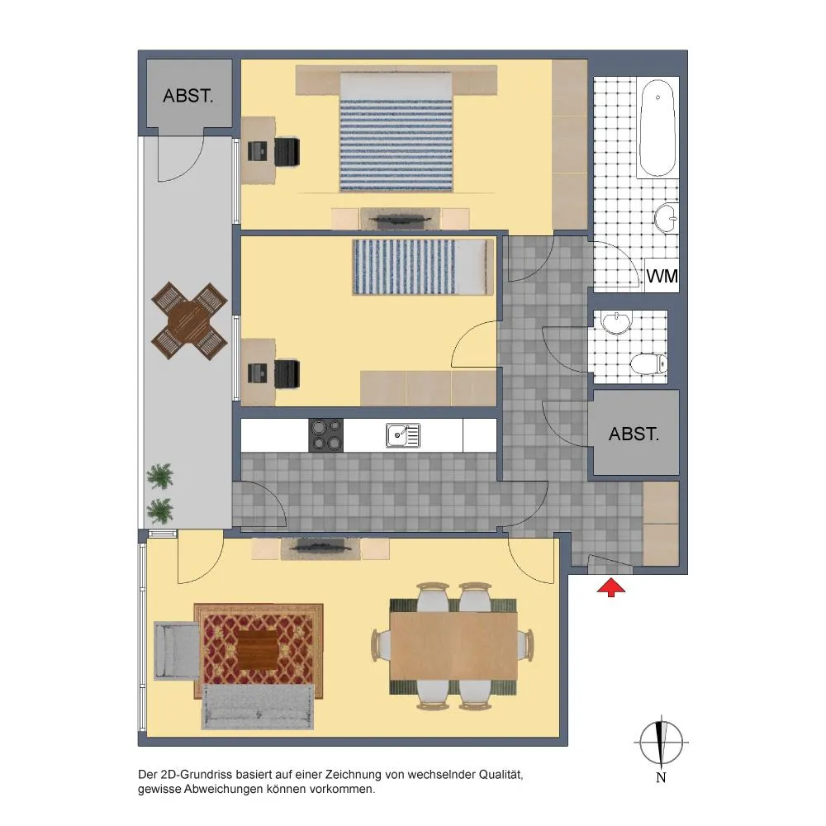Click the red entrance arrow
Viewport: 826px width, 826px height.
point(611,587)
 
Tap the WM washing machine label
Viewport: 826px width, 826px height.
point(662,276)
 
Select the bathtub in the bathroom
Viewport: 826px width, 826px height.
point(657,128)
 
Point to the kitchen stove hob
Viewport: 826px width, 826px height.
point(326,435)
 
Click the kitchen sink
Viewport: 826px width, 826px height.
point(403,435)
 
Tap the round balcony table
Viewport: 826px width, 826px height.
point(189,320)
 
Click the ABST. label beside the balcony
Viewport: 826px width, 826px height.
point(188,96)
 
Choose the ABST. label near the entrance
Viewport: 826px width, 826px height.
point(634,434)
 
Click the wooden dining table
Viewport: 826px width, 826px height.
point(453,645)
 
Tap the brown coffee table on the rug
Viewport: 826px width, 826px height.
point(258,650)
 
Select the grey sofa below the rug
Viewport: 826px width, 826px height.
point(258,707)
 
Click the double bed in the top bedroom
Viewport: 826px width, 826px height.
point(396,131)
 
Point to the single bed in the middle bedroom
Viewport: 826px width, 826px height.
point(424,267)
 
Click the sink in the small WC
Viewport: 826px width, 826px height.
point(616,323)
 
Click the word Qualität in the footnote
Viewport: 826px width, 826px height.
point(501,775)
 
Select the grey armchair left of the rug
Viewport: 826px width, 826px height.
point(177,651)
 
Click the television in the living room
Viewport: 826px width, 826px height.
point(320,548)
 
